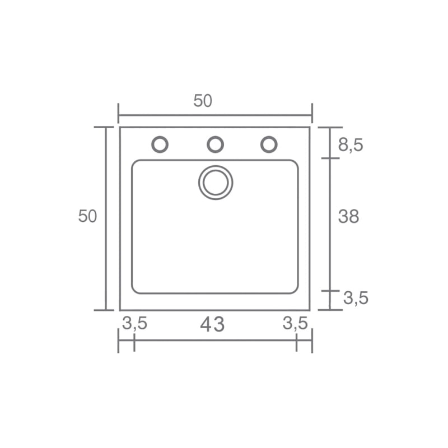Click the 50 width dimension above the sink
203,101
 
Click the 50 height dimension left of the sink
87,216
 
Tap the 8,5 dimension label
351,145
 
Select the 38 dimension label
348,217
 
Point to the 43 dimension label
212,325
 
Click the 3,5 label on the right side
356,298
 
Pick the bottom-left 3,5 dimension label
134,324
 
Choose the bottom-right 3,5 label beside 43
295,324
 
